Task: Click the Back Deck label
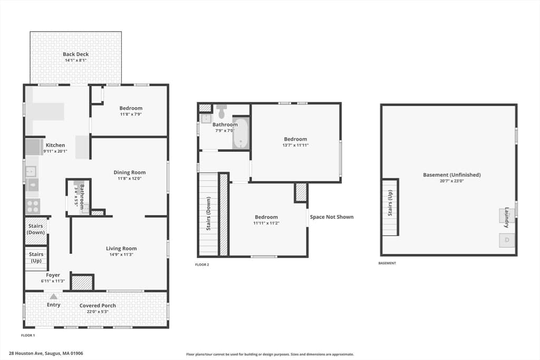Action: click(x=76, y=54)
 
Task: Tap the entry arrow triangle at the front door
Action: click(x=53, y=296)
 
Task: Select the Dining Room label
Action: click(x=130, y=172)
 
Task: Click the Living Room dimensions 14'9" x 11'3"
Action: click(x=121, y=255)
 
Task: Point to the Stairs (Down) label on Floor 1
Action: click(x=36, y=229)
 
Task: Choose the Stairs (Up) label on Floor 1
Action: click(x=36, y=257)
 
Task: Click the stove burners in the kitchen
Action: click(x=33, y=206)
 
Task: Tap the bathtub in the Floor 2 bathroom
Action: click(x=240, y=133)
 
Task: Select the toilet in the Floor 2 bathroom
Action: click(x=222, y=112)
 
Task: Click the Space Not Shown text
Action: click(x=332, y=217)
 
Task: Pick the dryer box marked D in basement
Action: click(x=507, y=240)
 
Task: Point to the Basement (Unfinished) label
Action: click(x=452, y=175)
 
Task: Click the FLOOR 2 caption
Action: click(x=202, y=265)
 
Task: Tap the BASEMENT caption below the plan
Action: click(x=387, y=264)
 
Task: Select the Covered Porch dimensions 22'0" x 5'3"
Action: click(x=98, y=312)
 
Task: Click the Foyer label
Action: click(x=53, y=275)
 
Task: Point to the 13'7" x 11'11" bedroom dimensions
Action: click(x=295, y=145)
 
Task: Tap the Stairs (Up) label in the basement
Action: click(x=390, y=203)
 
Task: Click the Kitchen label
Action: click(x=55, y=145)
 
